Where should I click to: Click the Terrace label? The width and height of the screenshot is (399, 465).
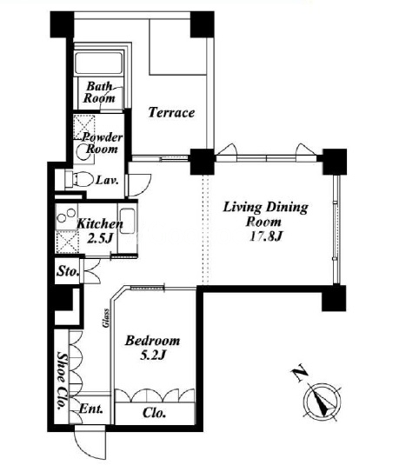(x=171, y=112)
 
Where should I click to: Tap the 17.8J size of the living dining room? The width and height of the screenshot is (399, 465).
(x=265, y=236)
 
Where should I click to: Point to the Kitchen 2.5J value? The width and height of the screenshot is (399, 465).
(x=100, y=238)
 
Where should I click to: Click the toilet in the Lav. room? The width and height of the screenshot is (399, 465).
(x=79, y=179)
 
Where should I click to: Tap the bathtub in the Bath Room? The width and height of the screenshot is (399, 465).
(x=99, y=63)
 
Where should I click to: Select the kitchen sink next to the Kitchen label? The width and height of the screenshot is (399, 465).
(x=127, y=220)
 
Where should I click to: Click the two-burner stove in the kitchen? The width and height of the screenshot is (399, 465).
(x=67, y=216)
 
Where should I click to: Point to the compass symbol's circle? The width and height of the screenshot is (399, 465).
(x=323, y=402)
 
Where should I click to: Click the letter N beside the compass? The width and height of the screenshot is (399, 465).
(x=300, y=372)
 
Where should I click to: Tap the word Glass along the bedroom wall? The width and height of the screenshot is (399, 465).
(x=106, y=318)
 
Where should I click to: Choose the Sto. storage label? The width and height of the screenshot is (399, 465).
(x=68, y=271)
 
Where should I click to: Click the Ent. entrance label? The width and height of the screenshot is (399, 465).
(x=91, y=409)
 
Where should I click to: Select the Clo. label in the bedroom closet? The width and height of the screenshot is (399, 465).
(x=154, y=413)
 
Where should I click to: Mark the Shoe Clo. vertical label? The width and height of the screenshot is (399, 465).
(x=62, y=381)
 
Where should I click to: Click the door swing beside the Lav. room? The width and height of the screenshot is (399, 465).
(x=139, y=185)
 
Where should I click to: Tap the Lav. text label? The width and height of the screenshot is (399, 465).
(x=107, y=180)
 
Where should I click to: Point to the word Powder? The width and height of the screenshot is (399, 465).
(x=103, y=137)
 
